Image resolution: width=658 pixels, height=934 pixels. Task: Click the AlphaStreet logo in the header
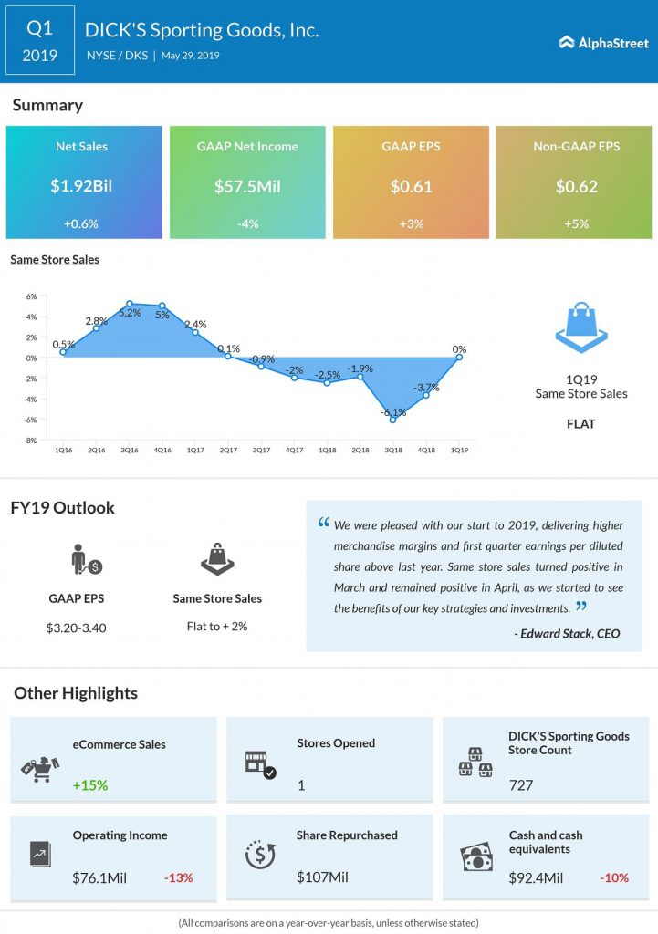click(603, 42)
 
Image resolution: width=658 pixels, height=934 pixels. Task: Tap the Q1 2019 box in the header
click(40, 40)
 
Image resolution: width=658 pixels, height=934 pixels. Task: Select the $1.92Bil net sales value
click(81, 186)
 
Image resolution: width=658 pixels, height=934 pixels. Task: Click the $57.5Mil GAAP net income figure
click(247, 186)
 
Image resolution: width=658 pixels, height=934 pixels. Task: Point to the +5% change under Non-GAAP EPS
click(577, 224)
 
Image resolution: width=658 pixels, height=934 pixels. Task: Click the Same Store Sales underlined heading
click(55, 260)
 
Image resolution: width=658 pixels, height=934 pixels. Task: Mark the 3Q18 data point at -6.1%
click(392, 420)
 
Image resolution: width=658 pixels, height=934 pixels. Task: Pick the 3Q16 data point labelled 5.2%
click(130, 304)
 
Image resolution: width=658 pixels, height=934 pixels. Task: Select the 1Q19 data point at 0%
click(459, 358)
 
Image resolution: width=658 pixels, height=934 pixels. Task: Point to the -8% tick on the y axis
click(30, 441)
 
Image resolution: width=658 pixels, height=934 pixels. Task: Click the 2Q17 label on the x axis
click(228, 451)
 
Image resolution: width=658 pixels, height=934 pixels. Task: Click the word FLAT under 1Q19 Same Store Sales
click(581, 424)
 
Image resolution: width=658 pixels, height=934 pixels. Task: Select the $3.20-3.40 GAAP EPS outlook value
click(77, 628)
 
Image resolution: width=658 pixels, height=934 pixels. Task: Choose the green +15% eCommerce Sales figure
click(90, 785)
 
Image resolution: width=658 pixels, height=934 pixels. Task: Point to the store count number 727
click(521, 785)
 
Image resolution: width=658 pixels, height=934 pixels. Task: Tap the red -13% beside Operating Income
click(178, 878)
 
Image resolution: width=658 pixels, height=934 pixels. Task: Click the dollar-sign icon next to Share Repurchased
click(260, 854)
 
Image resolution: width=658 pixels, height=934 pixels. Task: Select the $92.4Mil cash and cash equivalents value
click(536, 878)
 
